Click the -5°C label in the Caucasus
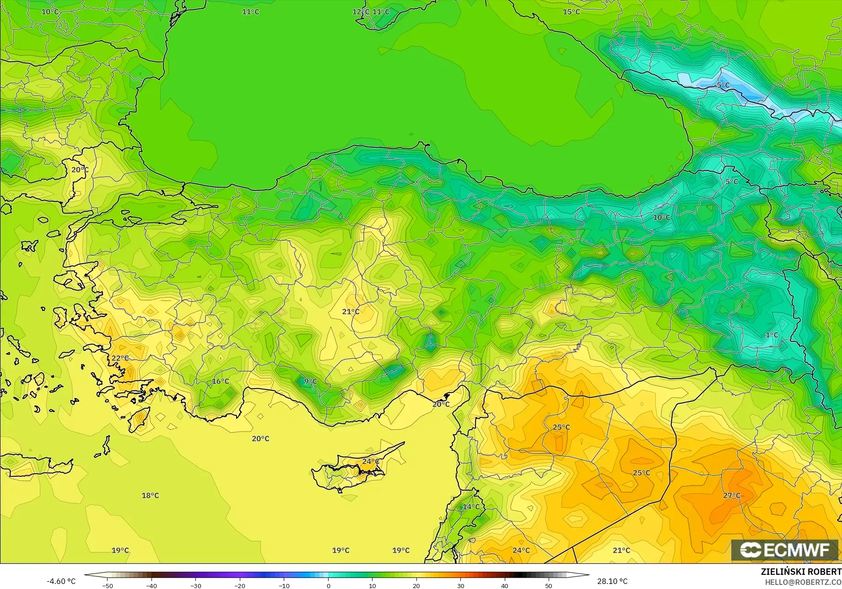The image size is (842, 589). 723,86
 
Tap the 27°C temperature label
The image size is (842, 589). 731,495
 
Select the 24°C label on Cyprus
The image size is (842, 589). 371,461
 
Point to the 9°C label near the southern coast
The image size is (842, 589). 310,381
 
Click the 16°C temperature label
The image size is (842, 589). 220,381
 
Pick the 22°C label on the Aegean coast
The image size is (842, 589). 120,358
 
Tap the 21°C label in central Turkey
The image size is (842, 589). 351,312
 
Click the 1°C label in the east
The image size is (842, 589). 772,335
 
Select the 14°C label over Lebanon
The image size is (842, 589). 471,507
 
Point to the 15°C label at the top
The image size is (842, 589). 571,12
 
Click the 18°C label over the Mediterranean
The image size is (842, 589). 150,495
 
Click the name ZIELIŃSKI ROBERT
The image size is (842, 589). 801,572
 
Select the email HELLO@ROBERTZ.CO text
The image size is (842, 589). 803,582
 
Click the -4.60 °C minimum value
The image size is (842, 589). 61,581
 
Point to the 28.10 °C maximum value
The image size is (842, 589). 612,581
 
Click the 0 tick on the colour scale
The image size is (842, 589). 328,586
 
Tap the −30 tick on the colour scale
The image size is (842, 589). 195,586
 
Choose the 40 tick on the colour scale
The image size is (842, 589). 504,586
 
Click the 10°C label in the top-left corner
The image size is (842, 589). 50,12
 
